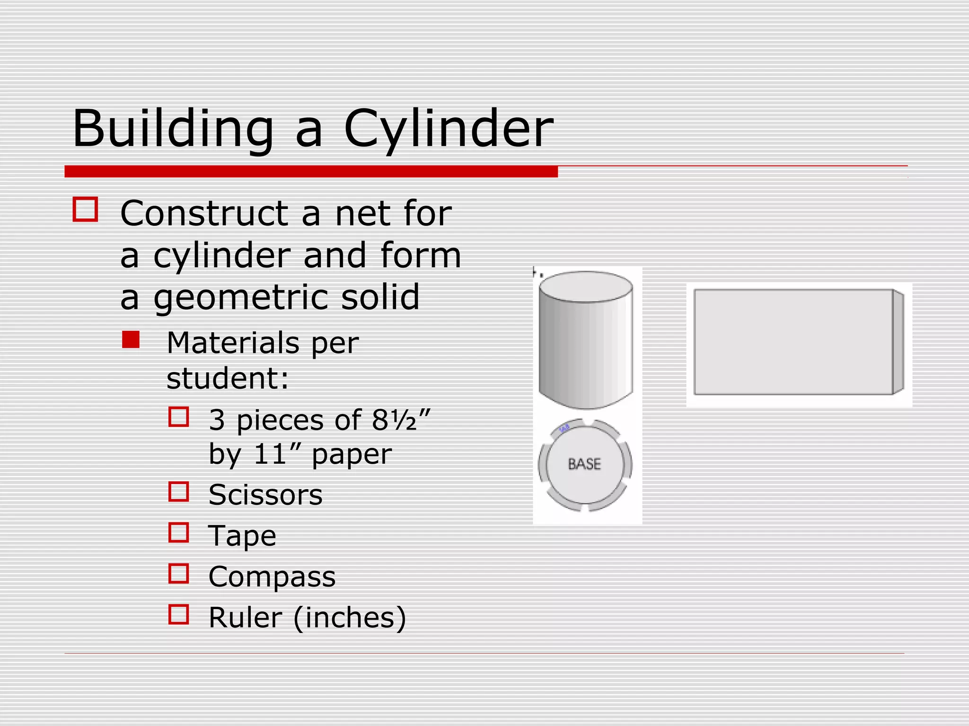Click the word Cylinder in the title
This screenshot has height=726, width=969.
(448, 129)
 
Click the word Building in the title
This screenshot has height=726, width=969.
(173, 129)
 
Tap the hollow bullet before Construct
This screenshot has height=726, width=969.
(86, 209)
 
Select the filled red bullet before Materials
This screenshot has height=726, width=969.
(131, 339)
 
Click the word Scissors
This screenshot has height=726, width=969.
(265, 495)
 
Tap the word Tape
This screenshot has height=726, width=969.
(242, 536)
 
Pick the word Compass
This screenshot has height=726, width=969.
(272, 577)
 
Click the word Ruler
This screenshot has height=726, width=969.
(245, 617)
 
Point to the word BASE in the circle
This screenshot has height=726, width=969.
(584, 464)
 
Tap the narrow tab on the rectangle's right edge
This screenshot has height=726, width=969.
(898, 342)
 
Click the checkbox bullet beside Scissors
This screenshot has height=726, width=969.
(179, 492)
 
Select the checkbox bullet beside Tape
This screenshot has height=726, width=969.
(179, 532)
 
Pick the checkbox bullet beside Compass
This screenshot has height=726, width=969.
(179, 573)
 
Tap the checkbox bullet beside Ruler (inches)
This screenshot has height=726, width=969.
(179, 614)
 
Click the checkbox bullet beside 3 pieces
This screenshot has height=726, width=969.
(179, 417)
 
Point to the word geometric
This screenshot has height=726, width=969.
(240, 297)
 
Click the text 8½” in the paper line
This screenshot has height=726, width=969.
(401, 420)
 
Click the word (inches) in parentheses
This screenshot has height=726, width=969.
(350, 617)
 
